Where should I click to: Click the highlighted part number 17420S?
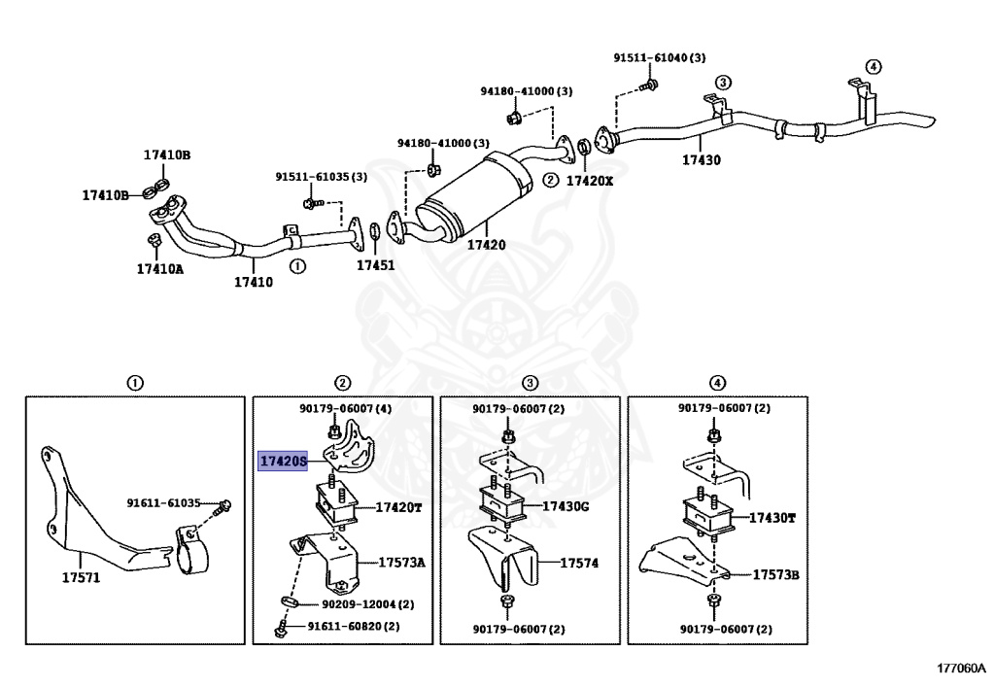(282, 461)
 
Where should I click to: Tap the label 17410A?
(159, 269)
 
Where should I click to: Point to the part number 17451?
(375, 264)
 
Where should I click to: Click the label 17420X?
(591, 180)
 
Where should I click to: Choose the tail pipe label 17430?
(701, 159)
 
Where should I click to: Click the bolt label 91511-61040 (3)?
(659, 58)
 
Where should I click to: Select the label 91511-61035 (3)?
(321, 177)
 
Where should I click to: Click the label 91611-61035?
(163, 503)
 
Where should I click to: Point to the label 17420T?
(399, 508)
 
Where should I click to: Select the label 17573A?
(402, 563)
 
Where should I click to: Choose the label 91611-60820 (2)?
(354, 628)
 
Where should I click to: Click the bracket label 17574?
(579, 562)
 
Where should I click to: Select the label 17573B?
(775, 575)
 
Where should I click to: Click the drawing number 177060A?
(961, 668)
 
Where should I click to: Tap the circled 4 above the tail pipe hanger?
(874, 67)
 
